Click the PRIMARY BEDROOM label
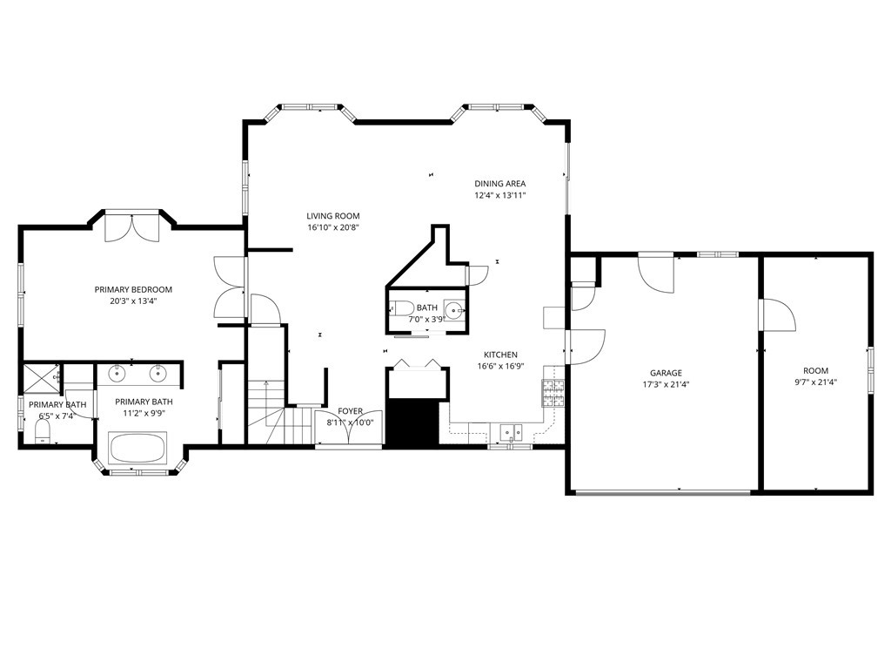click(133, 289)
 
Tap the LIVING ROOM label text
click(332, 216)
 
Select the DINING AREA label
click(499, 184)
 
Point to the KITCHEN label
click(501, 355)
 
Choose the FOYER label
click(350, 411)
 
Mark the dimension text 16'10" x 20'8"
click(332, 227)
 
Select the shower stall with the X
click(41, 377)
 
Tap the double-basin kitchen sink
click(511, 430)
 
